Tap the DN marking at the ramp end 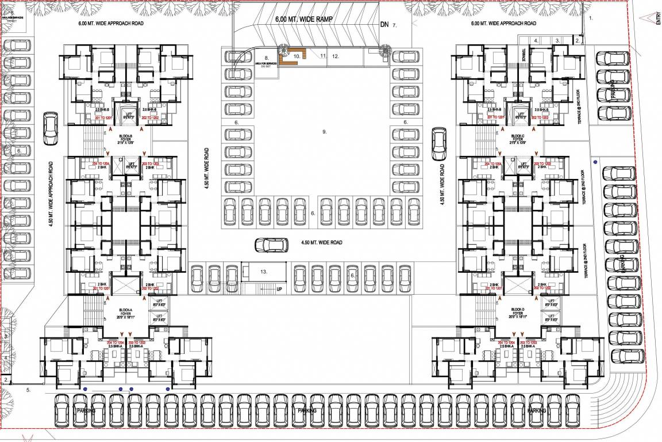384,25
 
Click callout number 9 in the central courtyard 324,132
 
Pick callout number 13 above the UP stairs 264,271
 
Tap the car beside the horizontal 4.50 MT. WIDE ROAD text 272,244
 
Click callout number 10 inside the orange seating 297,56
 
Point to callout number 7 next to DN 395,26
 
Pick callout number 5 28,390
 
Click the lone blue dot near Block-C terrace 595,162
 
